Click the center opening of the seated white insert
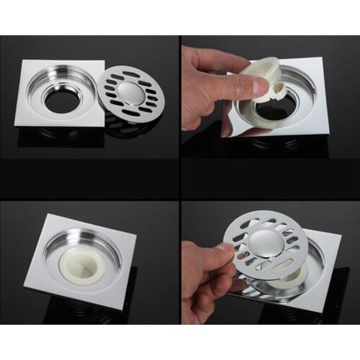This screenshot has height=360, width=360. pos(85,263)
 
